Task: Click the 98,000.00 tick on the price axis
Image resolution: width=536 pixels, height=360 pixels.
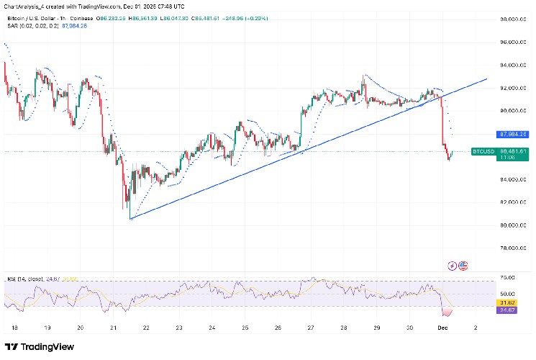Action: coord(513,19)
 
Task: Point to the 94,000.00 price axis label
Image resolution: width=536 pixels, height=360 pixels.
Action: coord(513,66)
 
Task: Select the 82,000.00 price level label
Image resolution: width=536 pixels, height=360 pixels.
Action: coord(513,202)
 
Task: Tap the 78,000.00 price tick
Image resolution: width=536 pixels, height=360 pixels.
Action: coord(513,248)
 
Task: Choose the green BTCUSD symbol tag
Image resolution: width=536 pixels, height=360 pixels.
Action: coord(481,151)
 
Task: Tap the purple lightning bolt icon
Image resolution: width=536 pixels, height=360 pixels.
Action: coord(452,266)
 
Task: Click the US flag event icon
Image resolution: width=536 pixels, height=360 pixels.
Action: coord(463,266)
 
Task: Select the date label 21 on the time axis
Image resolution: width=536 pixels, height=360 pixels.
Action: coord(112,326)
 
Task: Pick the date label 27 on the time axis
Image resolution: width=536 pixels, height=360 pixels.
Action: coord(310,326)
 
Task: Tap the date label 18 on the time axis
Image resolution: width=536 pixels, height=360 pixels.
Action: coord(14,326)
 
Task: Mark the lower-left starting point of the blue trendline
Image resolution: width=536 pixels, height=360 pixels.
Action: coord(130,218)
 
